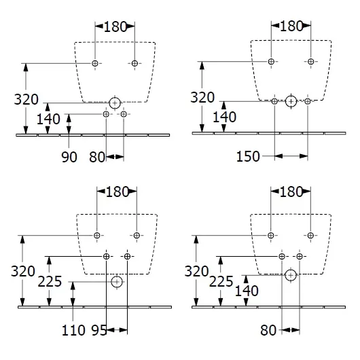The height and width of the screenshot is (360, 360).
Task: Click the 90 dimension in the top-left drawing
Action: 69,158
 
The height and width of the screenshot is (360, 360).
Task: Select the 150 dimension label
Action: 248,157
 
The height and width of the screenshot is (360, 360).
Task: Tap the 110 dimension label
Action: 73,330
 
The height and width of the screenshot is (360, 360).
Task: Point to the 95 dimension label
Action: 99,330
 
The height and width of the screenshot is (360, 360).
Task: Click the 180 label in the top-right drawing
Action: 291,26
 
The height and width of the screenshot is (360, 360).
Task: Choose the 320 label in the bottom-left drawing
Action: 22,271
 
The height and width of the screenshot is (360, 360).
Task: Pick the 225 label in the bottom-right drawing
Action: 221,282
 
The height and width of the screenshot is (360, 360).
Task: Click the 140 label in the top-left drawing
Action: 48,119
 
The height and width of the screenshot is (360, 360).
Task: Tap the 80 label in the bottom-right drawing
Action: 268,330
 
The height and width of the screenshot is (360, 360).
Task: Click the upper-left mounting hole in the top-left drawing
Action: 95,63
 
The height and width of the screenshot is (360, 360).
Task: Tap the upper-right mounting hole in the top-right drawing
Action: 310,62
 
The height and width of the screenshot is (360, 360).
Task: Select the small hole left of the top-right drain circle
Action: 274,101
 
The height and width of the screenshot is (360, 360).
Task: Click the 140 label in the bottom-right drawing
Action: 247,291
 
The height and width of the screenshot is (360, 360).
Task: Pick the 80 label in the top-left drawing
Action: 97,158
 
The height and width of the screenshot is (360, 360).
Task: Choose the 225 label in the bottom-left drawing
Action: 50,282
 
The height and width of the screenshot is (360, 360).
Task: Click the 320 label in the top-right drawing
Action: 202,98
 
